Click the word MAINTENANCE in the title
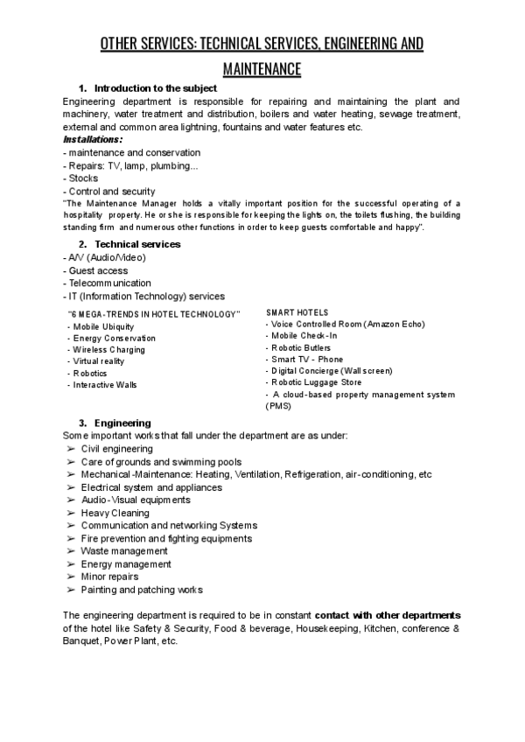262,68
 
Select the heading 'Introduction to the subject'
155,88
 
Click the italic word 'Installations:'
93,139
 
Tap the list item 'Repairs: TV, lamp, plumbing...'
131,165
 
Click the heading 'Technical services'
137,243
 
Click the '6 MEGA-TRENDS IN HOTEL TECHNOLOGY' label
154,314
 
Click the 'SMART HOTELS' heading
297,312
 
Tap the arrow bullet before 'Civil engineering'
69,449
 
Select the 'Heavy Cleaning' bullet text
115,513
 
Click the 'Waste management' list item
124,551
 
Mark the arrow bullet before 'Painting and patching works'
69,590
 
